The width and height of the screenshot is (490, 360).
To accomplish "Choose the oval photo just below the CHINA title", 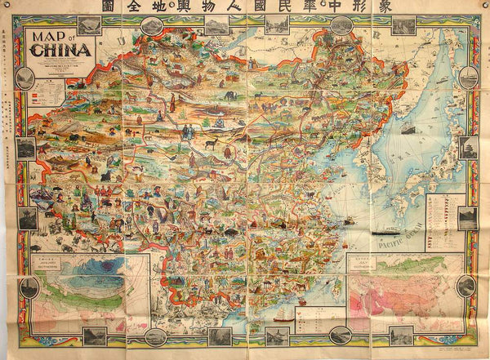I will pos(24,78).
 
